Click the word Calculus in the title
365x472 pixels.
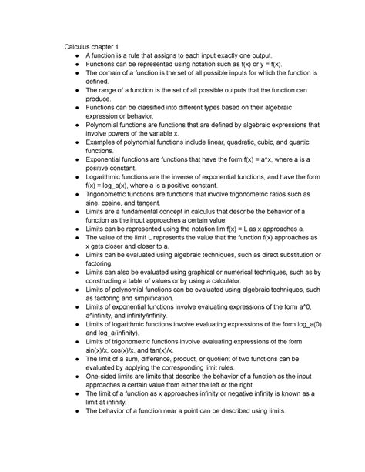79,48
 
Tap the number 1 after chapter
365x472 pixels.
117,48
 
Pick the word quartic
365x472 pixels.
306,165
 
